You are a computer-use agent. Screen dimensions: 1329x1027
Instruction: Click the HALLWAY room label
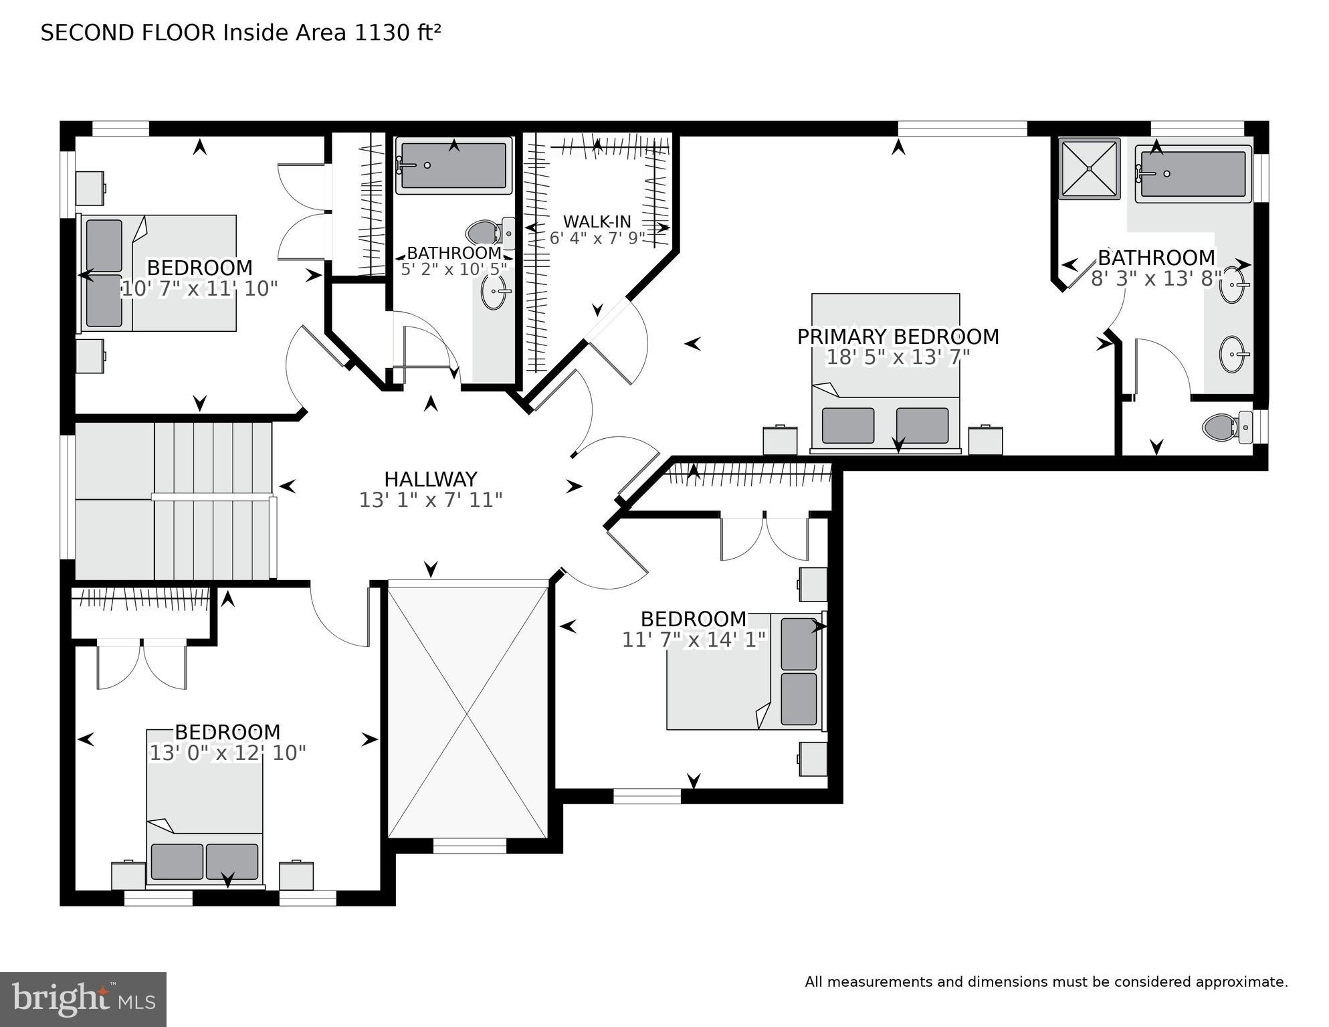pyautogui.click(x=430, y=479)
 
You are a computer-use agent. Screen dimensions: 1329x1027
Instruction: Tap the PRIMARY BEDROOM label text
pyautogui.click(x=898, y=337)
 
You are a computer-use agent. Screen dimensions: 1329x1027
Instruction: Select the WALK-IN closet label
pyautogui.click(x=597, y=221)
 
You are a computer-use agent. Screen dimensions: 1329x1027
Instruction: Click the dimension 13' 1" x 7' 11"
pyautogui.click(x=430, y=500)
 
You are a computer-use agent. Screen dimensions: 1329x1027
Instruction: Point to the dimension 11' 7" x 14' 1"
pyautogui.click(x=694, y=640)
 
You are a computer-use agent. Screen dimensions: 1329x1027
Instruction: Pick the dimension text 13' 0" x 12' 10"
pyautogui.click(x=227, y=753)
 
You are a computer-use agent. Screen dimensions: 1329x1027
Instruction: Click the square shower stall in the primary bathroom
pyautogui.click(x=1089, y=169)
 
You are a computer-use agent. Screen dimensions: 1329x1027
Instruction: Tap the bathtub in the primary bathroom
pyautogui.click(x=1193, y=173)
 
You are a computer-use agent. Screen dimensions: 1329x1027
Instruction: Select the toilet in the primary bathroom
pyautogui.click(x=1227, y=426)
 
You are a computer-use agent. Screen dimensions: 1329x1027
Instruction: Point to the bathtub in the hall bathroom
pyautogui.click(x=453, y=165)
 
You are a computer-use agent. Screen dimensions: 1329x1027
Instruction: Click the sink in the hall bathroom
pyautogui.click(x=495, y=292)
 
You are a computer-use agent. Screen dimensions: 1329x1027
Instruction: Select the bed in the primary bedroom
pyautogui.click(x=886, y=373)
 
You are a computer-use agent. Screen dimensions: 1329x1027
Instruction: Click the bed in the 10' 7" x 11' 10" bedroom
pyautogui.click(x=158, y=273)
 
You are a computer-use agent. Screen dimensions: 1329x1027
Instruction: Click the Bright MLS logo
pyautogui.click(x=83, y=999)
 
